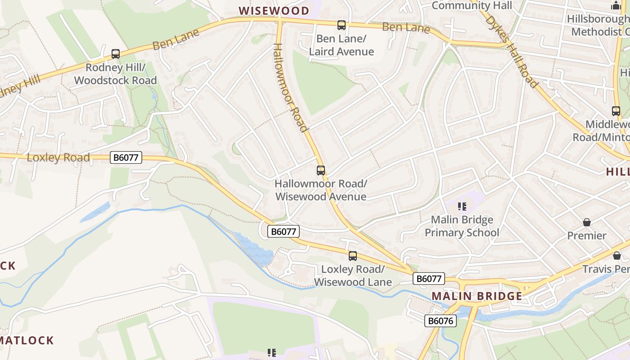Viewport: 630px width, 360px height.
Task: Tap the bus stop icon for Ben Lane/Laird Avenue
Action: click(342, 25)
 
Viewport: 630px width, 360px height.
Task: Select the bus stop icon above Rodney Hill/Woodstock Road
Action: click(116, 54)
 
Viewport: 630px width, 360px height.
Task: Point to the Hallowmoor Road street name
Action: click(291, 87)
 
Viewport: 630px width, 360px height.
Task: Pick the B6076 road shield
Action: click(441, 321)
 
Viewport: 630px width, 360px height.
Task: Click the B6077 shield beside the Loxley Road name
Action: click(126, 157)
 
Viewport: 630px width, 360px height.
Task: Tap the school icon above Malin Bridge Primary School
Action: click(462, 207)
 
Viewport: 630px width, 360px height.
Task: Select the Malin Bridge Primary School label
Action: click(462, 226)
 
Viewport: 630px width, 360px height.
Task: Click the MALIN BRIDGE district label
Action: click(477, 296)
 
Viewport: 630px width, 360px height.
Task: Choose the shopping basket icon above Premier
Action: click(587, 222)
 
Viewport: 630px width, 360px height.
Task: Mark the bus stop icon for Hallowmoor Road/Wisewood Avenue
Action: click(321, 171)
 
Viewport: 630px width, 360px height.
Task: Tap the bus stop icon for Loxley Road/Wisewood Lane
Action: click(353, 256)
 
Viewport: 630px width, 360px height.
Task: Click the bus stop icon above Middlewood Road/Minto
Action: click(616, 111)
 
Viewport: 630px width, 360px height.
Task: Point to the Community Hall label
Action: click(472, 6)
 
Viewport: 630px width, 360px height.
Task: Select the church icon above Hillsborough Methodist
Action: click(616, 6)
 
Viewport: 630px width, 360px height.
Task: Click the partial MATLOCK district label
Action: click(27, 340)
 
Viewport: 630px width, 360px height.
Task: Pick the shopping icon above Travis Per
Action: click(617, 256)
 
